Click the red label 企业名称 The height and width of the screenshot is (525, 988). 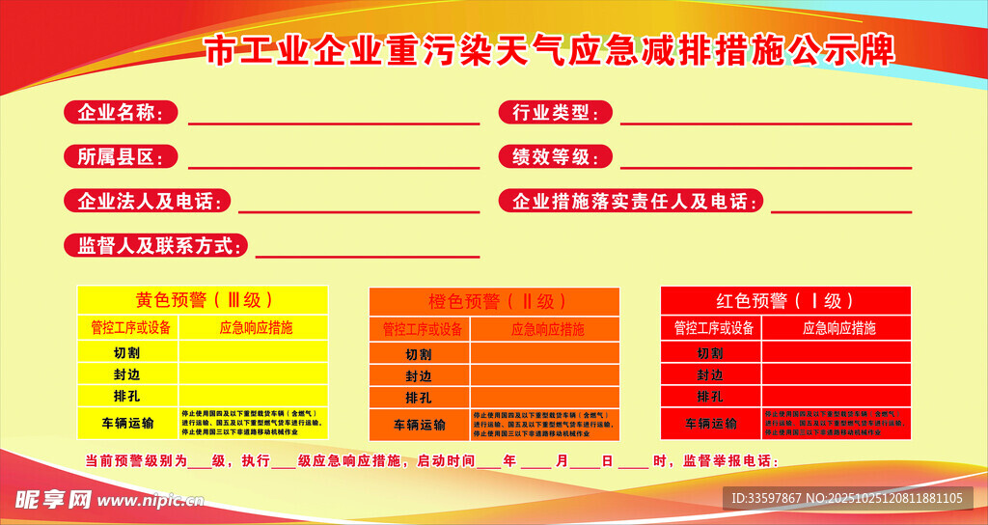(121, 113)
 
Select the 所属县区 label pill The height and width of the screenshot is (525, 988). (121, 156)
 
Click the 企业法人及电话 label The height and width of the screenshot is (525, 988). (148, 201)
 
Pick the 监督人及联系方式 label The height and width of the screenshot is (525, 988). (156, 245)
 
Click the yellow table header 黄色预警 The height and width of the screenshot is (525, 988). (203, 299)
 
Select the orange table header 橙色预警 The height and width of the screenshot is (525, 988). (494, 301)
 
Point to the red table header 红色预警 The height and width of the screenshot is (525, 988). (785, 300)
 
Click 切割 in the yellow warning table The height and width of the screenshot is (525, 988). (126, 352)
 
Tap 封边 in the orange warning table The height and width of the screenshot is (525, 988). (418, 375)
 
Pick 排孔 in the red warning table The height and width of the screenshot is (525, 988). (710, 397)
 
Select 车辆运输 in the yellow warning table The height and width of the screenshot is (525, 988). (126, 423)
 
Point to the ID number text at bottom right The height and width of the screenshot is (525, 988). (846, 498)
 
